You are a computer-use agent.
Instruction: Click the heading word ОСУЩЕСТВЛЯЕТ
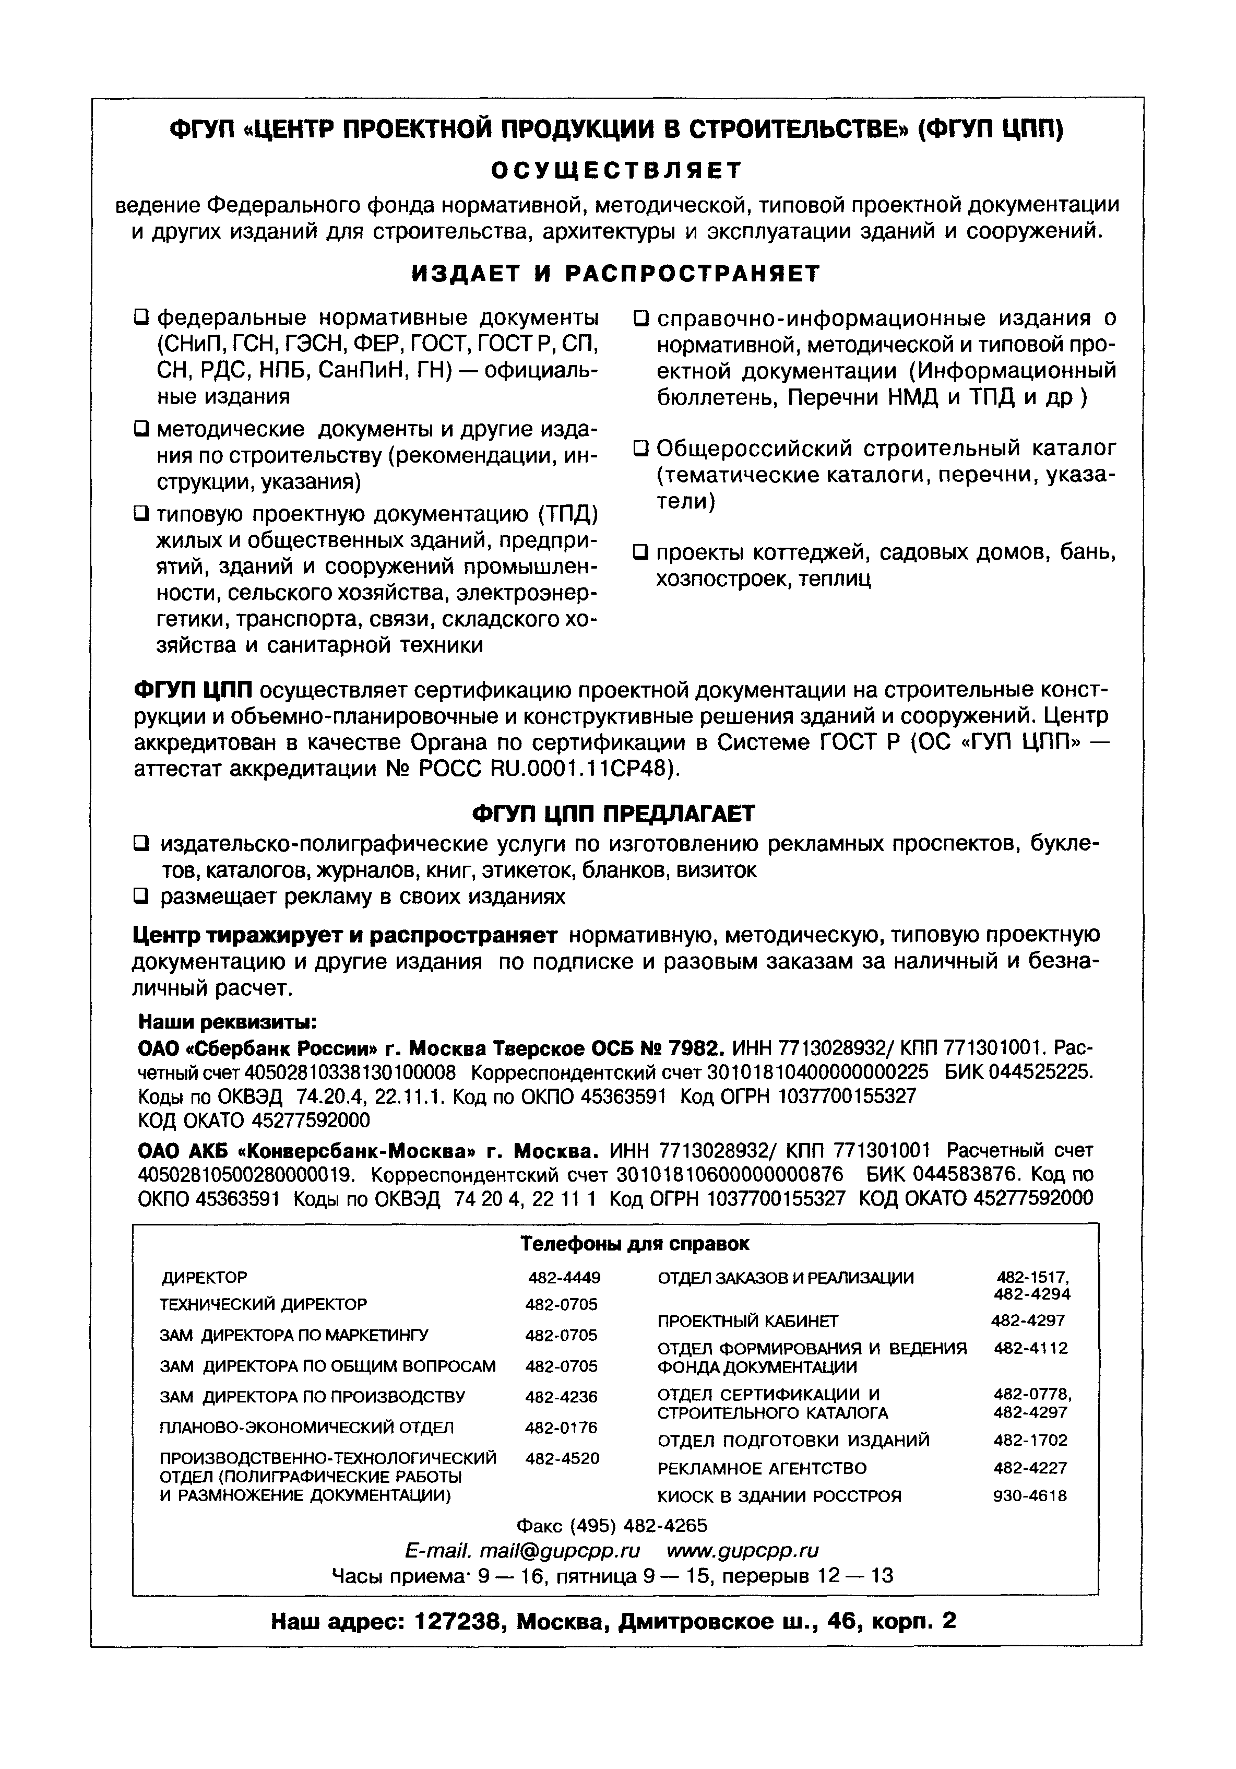coord(616,170)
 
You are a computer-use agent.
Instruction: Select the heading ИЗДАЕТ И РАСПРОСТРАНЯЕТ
coord(616,274)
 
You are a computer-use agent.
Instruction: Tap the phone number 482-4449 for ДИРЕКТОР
coord(564,1278)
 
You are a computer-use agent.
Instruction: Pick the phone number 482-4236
coord(562,1397)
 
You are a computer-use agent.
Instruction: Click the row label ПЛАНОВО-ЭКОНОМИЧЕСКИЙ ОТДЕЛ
coord(306,1428)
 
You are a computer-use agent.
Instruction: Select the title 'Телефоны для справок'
coord(635,1244)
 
